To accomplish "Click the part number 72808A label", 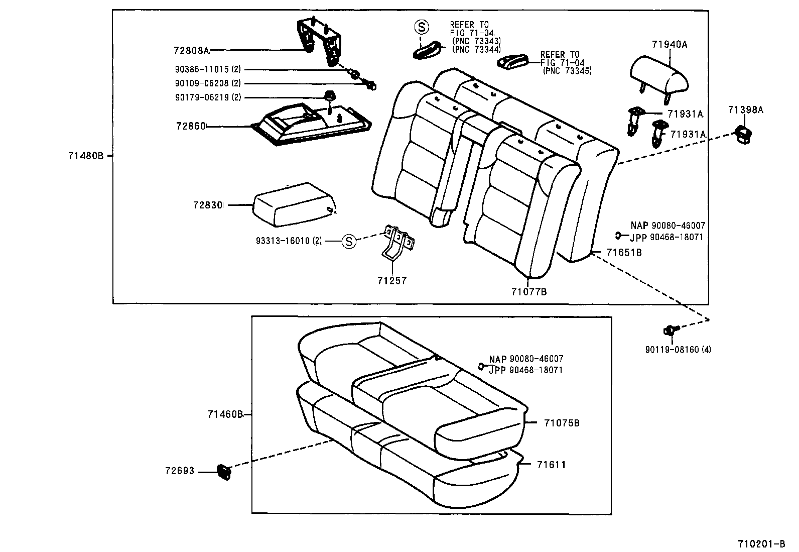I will (x=191, y=50).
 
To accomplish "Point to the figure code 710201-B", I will (x=761, y=544).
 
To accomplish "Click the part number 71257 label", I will (x=392, y=281).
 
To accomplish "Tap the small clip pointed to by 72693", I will (x=223, y=472).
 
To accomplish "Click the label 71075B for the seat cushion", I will (x=562, y=423).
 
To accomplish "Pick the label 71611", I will (x=551, y=465).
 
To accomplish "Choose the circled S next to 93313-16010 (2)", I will (x=348, y=241).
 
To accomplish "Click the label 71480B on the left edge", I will (x=85, y=156).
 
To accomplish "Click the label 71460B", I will (x=225, y=414).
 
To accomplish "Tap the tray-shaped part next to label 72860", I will (x=311, y=124).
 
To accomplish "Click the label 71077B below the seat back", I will (x=529, y=291).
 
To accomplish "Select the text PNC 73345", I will (x=568, y=71).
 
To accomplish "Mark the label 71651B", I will (x=624, y=252).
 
